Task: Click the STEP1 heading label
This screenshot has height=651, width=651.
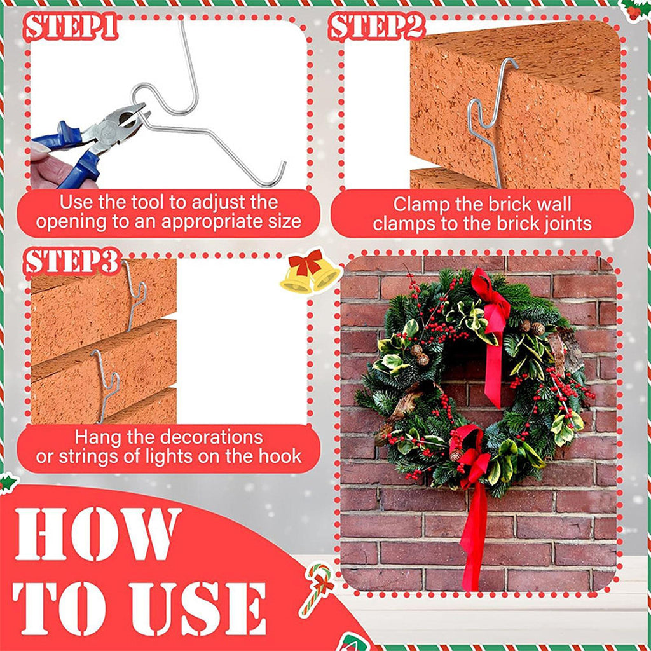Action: click(x=71, y=27)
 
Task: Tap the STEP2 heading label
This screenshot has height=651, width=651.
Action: click(x=377, y=27)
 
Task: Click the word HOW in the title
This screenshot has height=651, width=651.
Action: click(x=98, y=534)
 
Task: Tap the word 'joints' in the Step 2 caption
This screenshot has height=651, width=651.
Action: click(x=566, y=224)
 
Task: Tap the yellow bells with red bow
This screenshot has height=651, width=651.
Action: click(x=310, y=271)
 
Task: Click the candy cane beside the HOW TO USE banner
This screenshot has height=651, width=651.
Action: click(x=317, y=589)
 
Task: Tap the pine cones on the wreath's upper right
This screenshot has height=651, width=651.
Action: click(x=533, y=328)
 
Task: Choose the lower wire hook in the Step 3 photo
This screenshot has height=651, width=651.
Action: click(x=106, y=384)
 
